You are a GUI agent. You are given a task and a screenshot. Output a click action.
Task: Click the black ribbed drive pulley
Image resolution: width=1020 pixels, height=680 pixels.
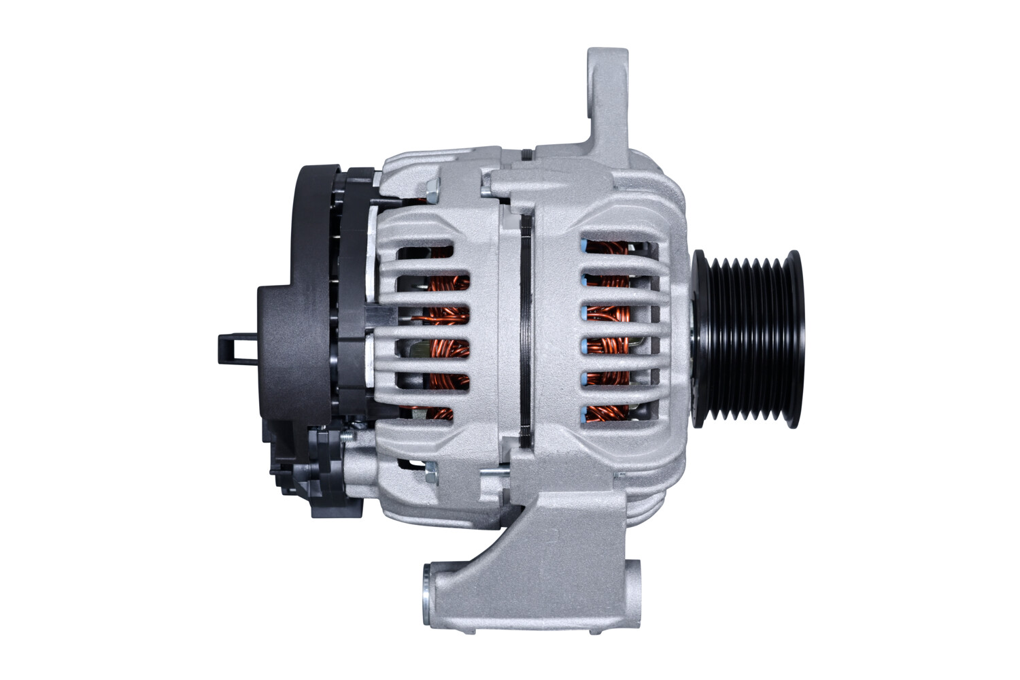click(x=748, y=339)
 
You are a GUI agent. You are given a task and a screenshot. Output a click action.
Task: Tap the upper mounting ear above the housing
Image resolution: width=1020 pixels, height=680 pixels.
click(x=607, y=95)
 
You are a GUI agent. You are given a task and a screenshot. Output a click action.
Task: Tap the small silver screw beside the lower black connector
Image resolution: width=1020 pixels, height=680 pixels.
click(x=348, y=435)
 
